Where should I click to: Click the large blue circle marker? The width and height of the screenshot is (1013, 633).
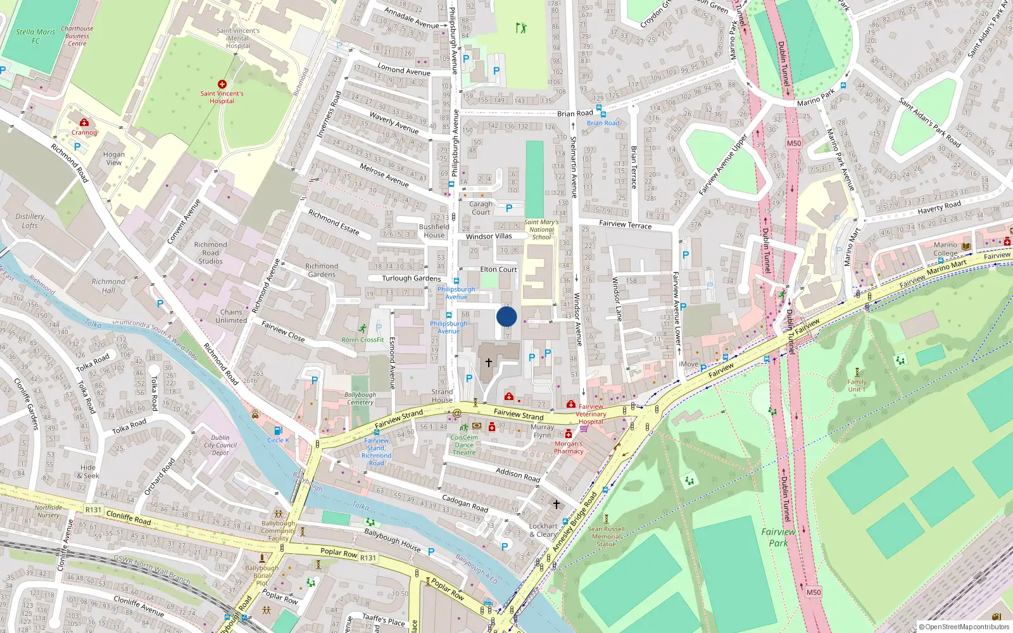coord(507,316)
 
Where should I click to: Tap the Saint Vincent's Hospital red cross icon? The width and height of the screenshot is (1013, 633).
coord(222,84)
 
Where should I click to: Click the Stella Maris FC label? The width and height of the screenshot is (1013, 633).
coord(35,36)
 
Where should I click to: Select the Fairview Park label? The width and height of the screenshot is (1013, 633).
coord(778,537)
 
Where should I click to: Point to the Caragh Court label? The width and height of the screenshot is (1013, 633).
coord(481,208)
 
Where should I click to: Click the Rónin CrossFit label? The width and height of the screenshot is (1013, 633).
coord(363,340)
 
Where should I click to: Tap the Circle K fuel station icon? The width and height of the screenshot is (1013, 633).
coord(278,431)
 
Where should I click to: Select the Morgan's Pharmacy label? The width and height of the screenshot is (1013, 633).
coord(569,448)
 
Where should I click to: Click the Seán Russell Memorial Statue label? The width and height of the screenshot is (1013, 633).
coord(606,536)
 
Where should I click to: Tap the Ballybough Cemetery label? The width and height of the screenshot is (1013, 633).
coord(360,398)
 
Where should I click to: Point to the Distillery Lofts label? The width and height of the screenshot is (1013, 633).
coord(30,221)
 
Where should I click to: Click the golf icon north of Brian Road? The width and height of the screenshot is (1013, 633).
coord(520,28)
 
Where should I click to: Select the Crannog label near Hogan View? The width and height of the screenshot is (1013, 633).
coord(84,132)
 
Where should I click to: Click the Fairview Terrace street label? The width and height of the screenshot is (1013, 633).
coord(625,224)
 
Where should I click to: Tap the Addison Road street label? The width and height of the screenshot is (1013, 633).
coord(518,475)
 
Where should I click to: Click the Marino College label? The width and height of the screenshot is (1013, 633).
coord(945,249)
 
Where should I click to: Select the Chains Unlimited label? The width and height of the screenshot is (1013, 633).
coord(231,316)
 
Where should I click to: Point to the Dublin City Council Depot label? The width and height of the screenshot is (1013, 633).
coord(220,445)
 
